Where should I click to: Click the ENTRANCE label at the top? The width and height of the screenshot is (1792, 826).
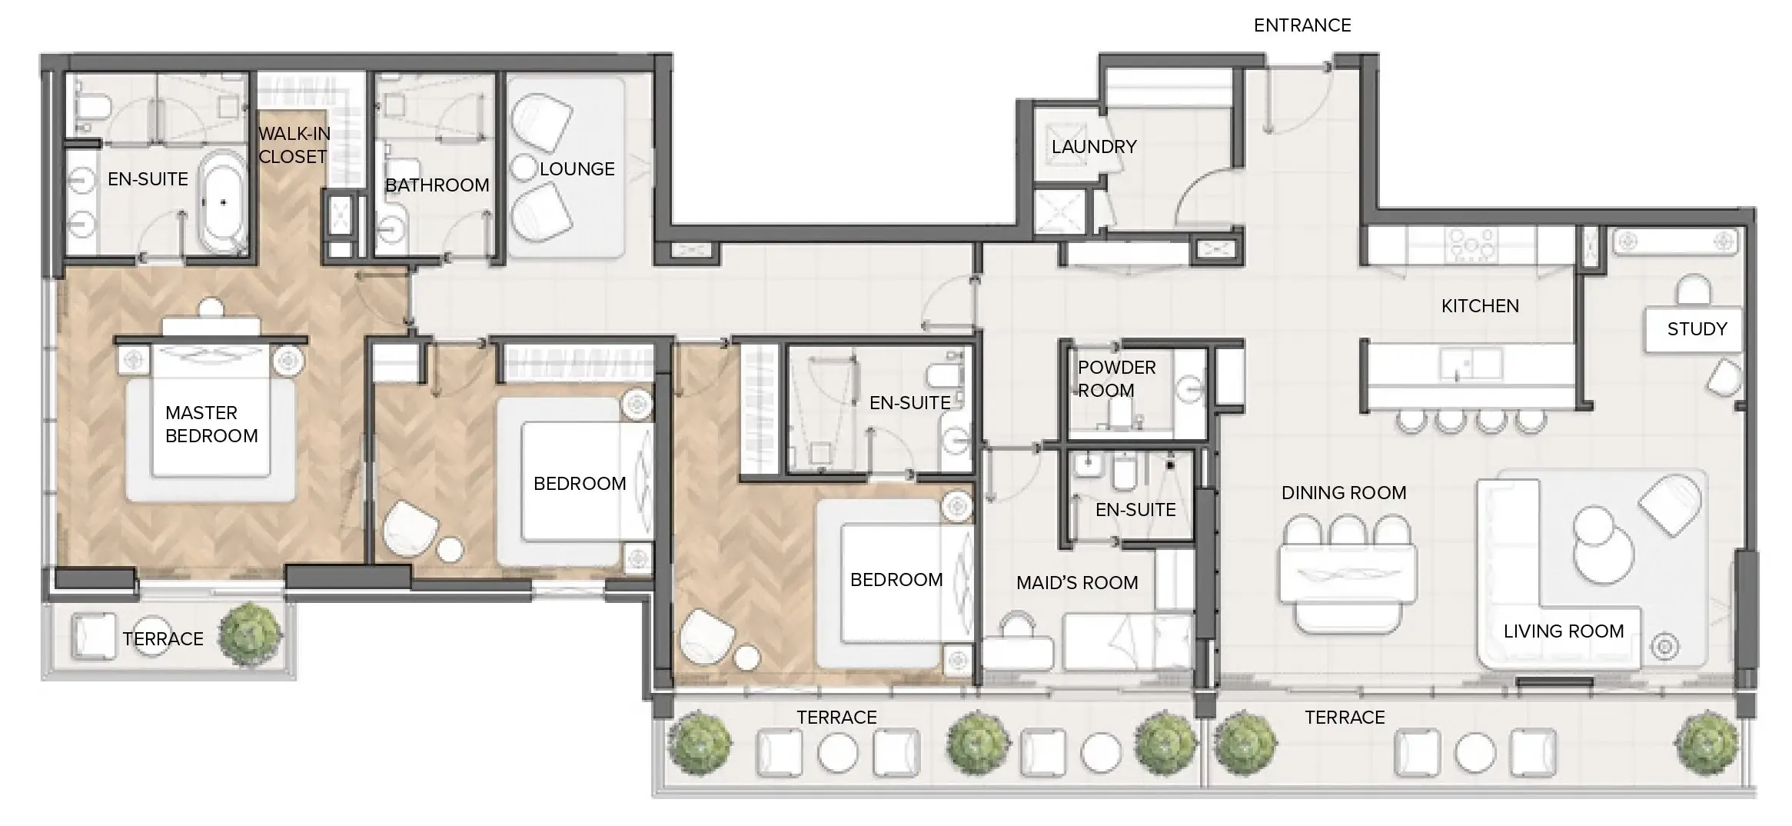pyautogui.click(x=1302, y=25)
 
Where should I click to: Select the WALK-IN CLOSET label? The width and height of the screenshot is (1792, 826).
pyautogui.click(x=294, y=145)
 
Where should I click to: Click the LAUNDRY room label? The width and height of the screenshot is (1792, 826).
pyautogui.click(x=1093, y=147)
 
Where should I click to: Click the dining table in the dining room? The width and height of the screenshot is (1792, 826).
pyautogui.click(x=1347, y=574)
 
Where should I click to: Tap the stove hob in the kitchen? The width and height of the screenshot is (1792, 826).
pyautogui.click(x=1471, y=245)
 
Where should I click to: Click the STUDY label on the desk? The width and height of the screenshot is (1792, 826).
pyautogui.click(x=1697, y=329)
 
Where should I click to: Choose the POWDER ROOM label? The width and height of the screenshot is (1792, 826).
pyautogui.click(x=1115, y=379)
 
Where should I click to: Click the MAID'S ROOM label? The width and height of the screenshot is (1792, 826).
pyautogui.click(x=1076, y=583)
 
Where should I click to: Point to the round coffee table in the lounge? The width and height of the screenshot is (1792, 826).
pyautogui.click(x=524, y=168)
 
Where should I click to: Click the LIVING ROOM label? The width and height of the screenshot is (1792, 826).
pyautogui.click(x=1563, y=631)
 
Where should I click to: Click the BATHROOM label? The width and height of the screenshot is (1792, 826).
pyautogui.click(x=437, y=185)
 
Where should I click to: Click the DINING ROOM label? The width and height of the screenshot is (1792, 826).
pyautogui.click(x=1343, y=493)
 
